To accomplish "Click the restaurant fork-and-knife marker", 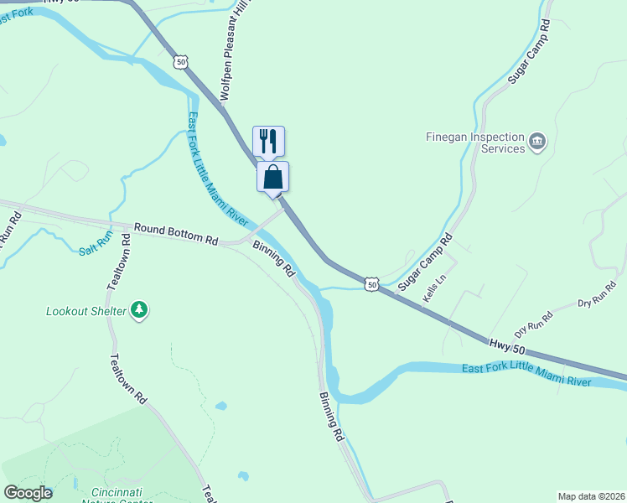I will (x=268, y=140).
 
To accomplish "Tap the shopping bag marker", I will (x=272, y=177).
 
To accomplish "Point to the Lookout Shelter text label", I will (x=85, y=311).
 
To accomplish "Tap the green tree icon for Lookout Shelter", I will (x=139, y=311).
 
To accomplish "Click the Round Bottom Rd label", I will (x=175, y=234).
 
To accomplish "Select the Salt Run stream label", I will (x=95, y=246).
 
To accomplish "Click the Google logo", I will (x=28, y=493).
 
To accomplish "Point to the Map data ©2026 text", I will (x=591, y=495).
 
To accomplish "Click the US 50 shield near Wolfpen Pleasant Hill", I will (x=181, y=62).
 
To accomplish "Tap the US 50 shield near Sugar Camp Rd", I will (x=371, y=285).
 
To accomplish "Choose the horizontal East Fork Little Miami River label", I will (x=526, y=375).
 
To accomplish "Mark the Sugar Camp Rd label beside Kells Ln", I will (x=425, y=261).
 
